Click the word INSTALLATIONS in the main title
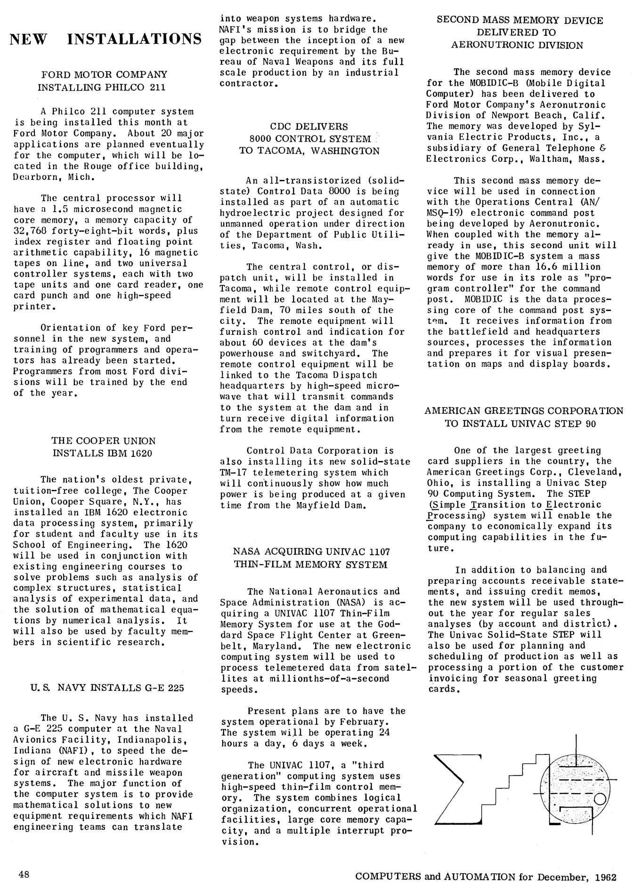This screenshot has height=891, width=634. pos(135,39)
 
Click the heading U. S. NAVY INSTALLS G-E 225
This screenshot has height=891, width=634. pos(107,688)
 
